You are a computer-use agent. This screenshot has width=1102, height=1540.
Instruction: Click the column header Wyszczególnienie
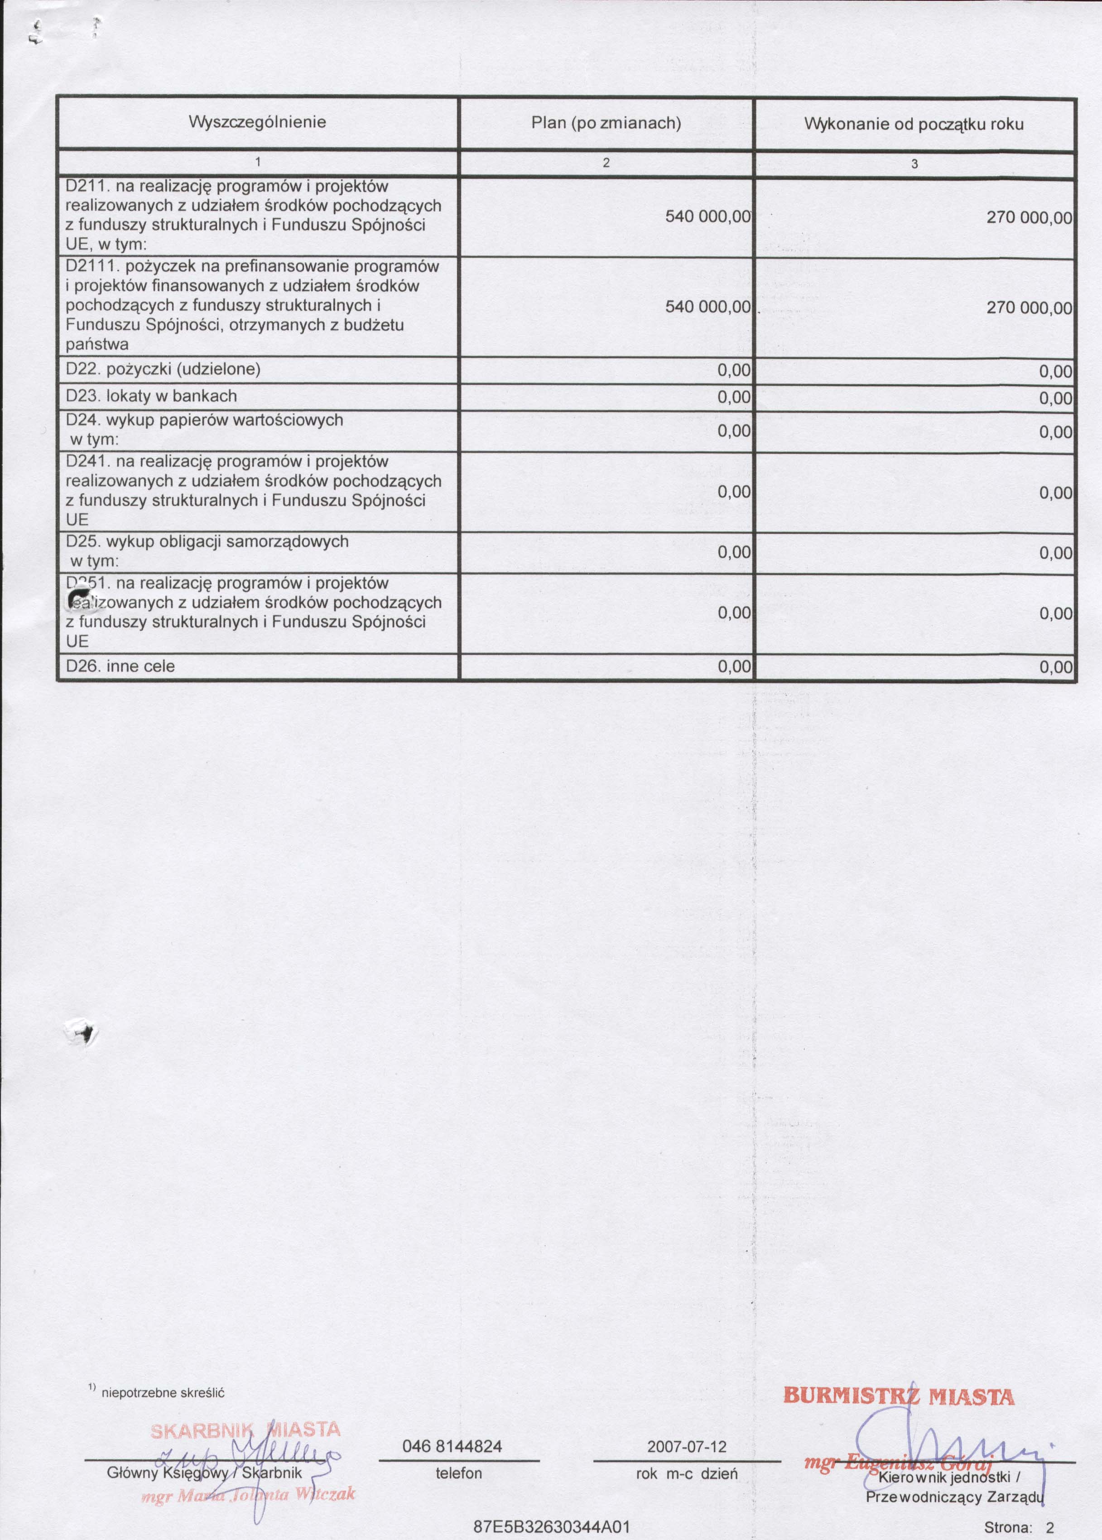coord(257,122)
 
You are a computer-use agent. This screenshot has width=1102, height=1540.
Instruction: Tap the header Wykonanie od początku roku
coord(914,124)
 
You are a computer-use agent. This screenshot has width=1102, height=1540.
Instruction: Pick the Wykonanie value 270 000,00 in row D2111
coord(1029,308)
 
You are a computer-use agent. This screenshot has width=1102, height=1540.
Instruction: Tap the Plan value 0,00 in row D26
coord(734,667)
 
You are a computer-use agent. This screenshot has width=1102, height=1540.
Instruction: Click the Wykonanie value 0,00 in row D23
coord(1056,398)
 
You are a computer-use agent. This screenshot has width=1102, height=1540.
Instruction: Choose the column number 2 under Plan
coord(606,163)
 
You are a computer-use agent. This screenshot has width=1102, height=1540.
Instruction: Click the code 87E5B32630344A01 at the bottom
coord(552,1528)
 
